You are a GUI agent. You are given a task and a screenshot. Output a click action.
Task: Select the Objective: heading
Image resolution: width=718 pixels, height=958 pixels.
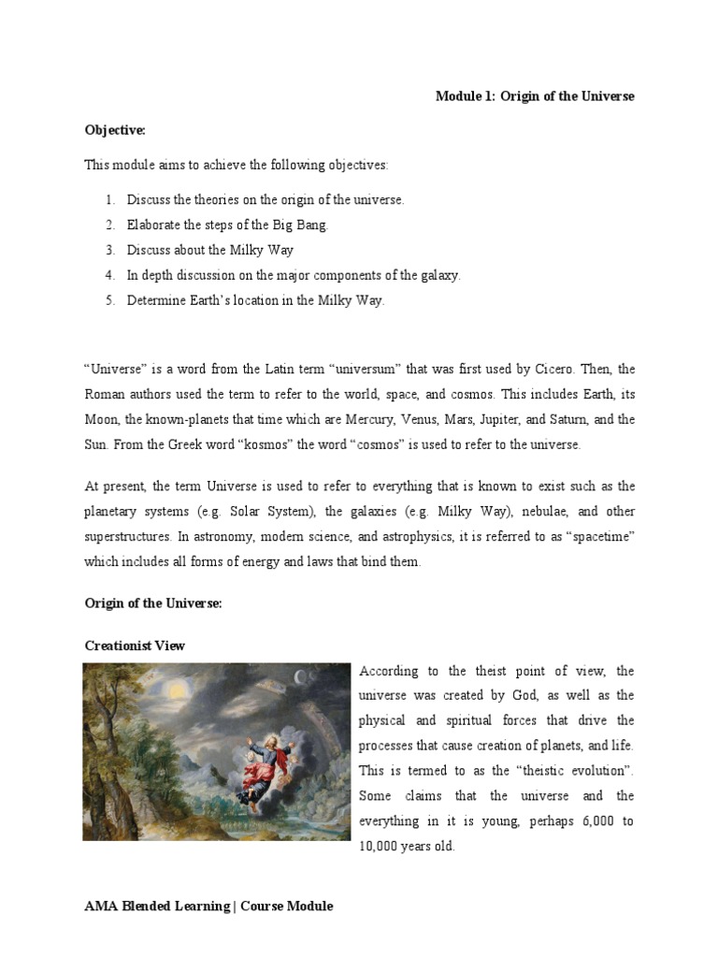(116, 131)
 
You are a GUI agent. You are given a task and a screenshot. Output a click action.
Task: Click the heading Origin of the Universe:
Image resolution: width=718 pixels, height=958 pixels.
(153, 603)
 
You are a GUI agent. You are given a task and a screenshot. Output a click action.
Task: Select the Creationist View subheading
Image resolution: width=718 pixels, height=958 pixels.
(135, 646)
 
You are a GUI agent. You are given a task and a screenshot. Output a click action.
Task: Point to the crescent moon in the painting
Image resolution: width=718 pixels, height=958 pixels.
(300, 677)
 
